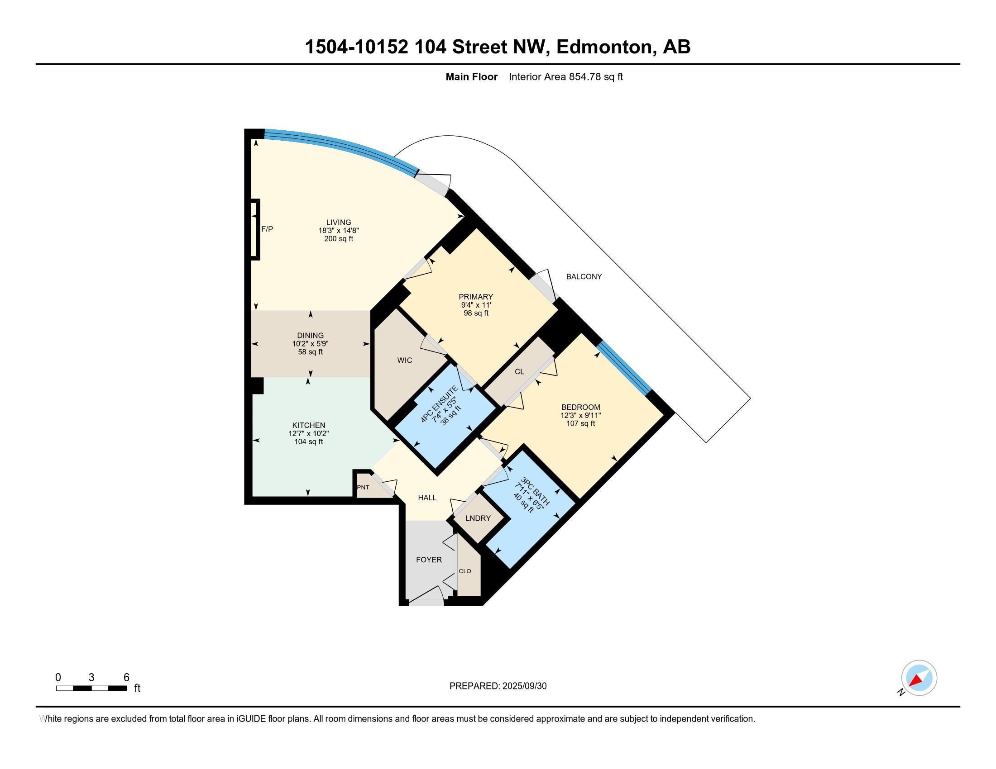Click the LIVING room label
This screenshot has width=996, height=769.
[338, 222]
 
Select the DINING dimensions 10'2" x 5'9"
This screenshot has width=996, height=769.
[310, 343]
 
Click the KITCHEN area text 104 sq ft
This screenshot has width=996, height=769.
[308, 441]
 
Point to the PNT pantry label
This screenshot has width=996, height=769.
[363, 487]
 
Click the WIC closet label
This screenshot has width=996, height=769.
[404, 361]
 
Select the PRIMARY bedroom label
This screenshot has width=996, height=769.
[476, 297]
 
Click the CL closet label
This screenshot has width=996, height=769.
[519, 371]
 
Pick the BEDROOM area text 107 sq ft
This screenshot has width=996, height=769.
[580, 423]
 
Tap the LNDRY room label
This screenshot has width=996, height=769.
[478, 518]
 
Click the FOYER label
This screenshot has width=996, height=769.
[429, 560]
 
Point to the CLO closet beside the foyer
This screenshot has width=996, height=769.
[464, 571]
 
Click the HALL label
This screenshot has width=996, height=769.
[427, 498]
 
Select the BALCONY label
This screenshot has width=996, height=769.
[584, 276]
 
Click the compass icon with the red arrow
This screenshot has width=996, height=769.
[919, 678]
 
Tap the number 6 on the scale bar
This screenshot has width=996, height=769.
[126, 677]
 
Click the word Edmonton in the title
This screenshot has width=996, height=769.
[604, 47]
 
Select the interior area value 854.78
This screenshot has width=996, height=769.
[585, 76]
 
